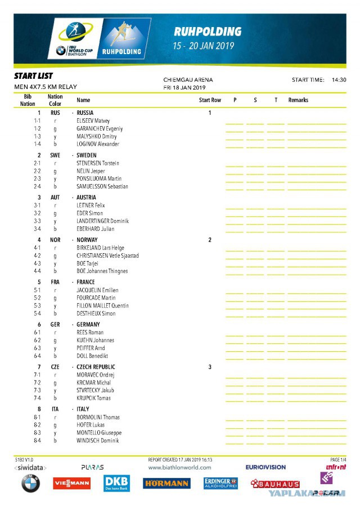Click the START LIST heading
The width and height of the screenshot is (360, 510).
[x=34, y=75]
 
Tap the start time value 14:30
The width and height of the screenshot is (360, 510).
[x=339, y=80]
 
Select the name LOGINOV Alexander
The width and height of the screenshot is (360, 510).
[x=98, y=144]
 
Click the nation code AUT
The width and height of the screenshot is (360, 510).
[x=55, y=198]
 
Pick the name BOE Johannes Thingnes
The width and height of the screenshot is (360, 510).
[x=103, y=271]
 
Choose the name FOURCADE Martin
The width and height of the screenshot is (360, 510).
[x=96, y=298]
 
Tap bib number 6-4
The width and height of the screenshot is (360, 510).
[x=37, y=356]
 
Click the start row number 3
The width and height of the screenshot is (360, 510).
[x=210, y=366]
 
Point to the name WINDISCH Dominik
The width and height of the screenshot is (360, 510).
[x=98, y=441]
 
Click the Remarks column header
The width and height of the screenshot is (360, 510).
[x=298, y=100]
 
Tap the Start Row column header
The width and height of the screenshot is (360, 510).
[x=210, y=100]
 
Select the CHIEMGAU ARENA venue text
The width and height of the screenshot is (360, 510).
[x=188, y=80]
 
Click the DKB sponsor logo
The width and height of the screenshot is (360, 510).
[x=117, y=482]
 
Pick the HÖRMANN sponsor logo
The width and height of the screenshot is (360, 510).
[x=166, y=484]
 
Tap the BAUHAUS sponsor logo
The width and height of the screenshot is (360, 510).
[x=275, y=484]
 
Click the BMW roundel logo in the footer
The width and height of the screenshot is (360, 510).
[x=31, y=484]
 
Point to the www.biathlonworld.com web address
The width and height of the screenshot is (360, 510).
[x=179, y=467]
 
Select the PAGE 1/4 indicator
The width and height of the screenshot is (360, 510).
[x=338, y=460]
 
